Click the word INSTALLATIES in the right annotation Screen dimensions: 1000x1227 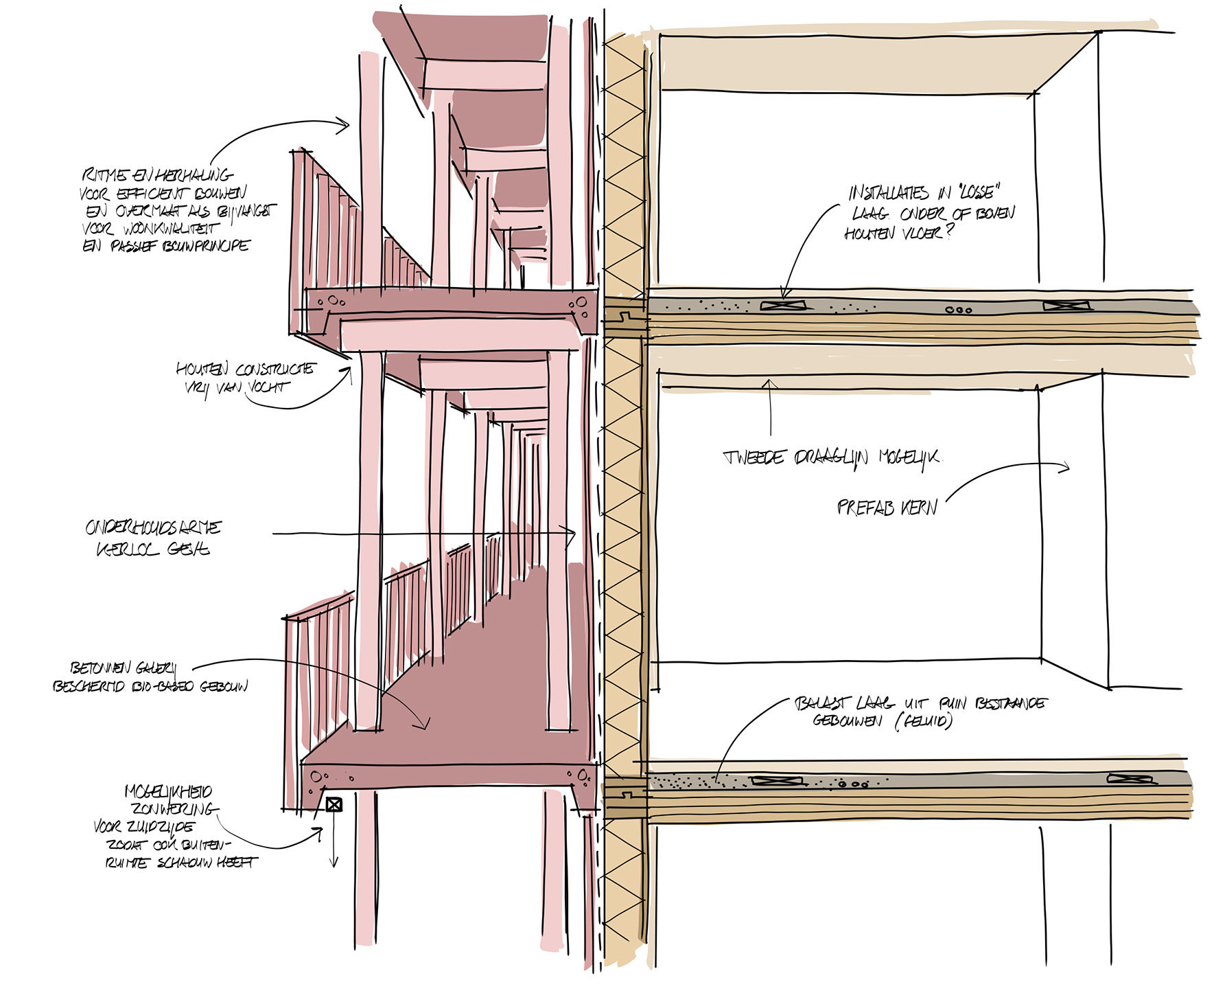click(x=889, y=194)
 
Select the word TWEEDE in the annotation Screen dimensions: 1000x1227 click(x=754, y=458)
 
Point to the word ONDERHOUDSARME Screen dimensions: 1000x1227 click(x=153, y=527)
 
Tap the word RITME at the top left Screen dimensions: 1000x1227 click(x=102, y=175)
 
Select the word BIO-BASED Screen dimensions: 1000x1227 click(x=162, y=686)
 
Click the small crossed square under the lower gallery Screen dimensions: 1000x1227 click(x=334, y=804)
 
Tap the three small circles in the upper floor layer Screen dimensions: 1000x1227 click(x=959, y=310)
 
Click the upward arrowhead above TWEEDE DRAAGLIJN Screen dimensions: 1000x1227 click(x=770, y=383)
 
